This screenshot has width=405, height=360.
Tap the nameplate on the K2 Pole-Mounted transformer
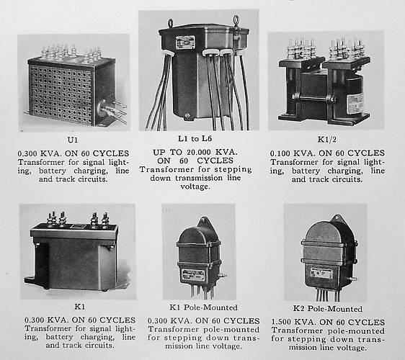[x=322, y=273]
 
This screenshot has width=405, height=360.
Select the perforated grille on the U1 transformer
[x=62, y=90]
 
